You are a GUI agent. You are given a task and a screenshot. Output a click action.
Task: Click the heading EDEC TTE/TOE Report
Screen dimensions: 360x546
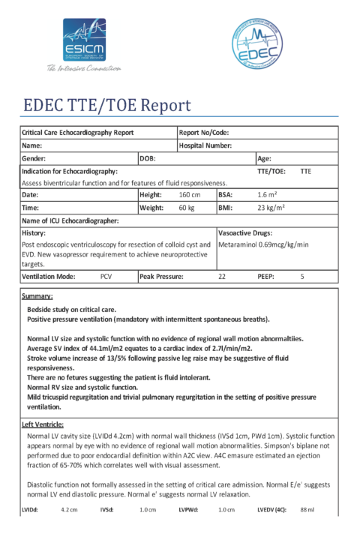(107, 105)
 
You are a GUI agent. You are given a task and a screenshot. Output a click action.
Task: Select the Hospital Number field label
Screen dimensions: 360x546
(205, 145)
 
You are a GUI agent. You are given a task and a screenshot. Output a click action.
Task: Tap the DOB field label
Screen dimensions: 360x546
(148, 158)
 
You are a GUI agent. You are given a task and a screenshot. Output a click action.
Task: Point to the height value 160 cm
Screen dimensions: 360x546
(189, 194)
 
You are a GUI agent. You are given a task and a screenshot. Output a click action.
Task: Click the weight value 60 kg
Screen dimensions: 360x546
(187, 207)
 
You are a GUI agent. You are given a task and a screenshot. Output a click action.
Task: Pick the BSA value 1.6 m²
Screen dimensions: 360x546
(267, 194)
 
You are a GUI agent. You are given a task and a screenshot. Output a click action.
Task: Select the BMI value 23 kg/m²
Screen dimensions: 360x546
(270, 207)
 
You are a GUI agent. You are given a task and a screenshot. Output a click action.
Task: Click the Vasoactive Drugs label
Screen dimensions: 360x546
(244, 233)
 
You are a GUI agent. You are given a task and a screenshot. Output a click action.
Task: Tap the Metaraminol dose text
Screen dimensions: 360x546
(262, 244)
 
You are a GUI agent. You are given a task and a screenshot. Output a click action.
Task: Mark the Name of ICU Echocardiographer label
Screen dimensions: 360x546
(70, 220)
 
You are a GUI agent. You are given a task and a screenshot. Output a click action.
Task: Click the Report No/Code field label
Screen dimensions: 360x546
(204, 133)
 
